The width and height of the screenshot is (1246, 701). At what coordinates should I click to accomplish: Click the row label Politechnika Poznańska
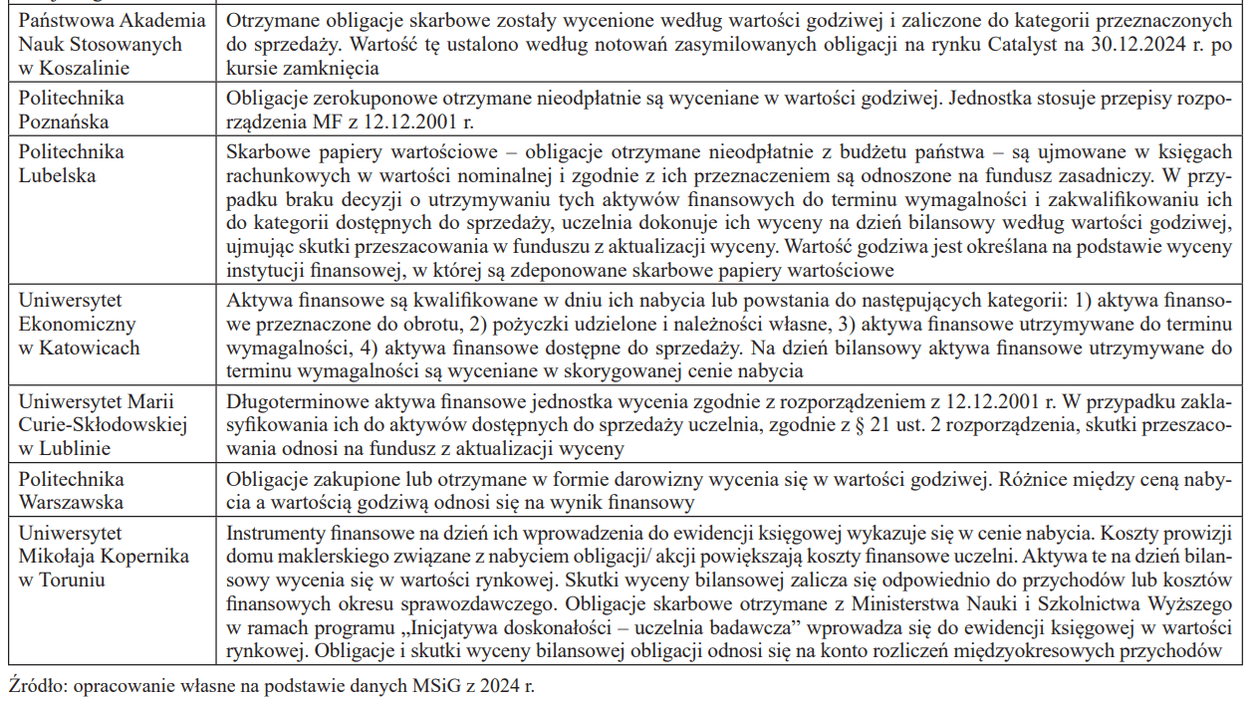[x=72, y=110]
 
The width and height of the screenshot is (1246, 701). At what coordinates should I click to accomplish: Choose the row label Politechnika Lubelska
[x=72, y=163]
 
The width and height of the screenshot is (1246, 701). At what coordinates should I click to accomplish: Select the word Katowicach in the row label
[x=90, y=348]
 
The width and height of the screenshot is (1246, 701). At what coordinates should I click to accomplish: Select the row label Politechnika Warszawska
[x=72, y=491]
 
